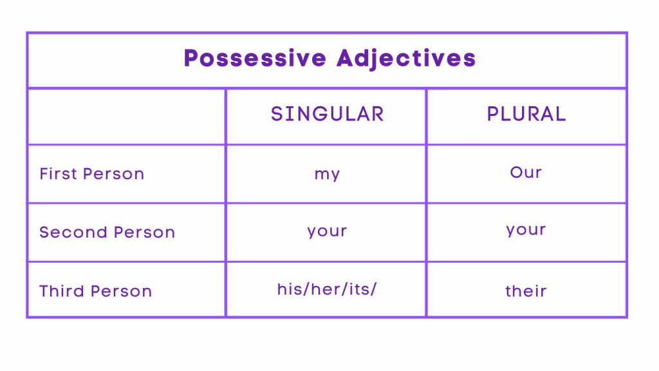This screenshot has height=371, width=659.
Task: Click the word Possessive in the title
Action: tap(255, 59)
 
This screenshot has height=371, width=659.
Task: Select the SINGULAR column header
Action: tap(327, 115)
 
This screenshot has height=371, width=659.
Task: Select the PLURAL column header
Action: tap(526, 115)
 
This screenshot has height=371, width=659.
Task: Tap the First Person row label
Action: tap(92, 174)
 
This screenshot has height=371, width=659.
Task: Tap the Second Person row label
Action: tap(107, 233)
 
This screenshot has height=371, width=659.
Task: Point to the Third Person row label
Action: tap(96, 291)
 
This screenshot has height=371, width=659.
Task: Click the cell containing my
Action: tap(327, 174)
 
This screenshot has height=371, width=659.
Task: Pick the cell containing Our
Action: tap(526, 173)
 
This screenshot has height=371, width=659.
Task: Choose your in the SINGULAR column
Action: tap(327, 231)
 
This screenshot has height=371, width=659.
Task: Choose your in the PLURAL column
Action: tap(526, 230)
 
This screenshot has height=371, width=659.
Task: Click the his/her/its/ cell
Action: tap(327, 289)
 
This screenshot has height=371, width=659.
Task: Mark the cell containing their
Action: tap(526, 291)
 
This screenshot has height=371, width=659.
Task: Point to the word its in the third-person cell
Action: tap(359, 289)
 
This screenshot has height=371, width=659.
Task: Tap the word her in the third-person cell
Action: tap(324, 289)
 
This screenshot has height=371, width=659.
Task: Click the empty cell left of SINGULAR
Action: tap(126, 116)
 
